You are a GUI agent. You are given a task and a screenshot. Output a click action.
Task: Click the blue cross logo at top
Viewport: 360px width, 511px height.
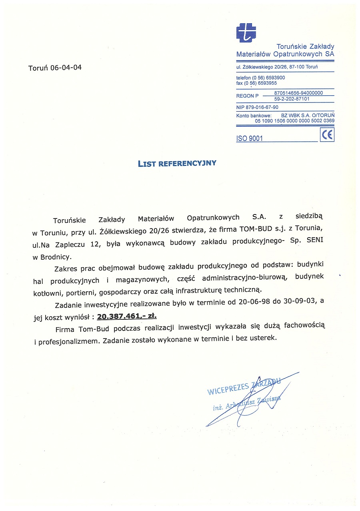246,32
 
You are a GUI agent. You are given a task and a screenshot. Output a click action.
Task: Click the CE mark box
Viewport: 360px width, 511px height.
327,135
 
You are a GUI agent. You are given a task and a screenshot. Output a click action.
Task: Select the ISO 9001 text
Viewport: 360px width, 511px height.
250,139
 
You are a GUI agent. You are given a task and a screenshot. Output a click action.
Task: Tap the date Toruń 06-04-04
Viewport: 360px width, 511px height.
55,68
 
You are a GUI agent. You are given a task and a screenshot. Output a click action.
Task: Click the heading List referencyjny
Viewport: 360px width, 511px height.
177,163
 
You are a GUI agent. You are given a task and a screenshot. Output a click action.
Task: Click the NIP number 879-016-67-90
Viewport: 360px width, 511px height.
257,107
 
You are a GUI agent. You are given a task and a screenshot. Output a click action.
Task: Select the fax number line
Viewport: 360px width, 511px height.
256,83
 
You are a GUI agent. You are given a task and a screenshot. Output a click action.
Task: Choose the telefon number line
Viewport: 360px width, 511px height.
260,78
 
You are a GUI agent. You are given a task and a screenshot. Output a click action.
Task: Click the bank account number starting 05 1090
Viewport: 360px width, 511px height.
294,120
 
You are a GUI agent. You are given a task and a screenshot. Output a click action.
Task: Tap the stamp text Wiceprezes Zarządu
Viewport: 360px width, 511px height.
244,386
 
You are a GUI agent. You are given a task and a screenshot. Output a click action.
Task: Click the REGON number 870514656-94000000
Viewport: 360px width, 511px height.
298,93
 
